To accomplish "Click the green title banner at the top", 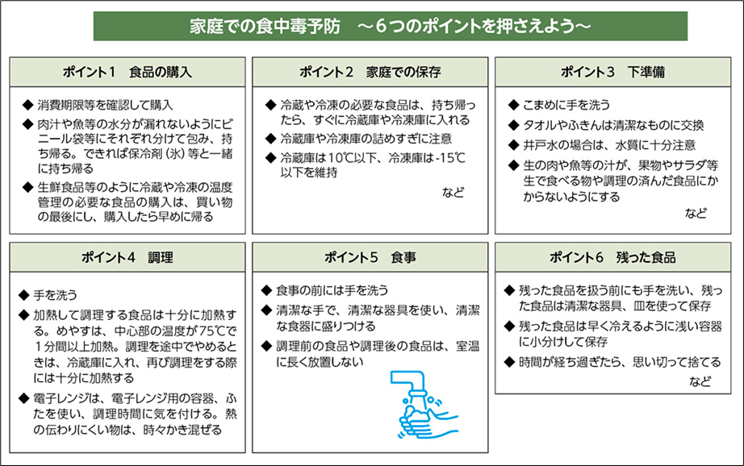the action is (x=390, y=26).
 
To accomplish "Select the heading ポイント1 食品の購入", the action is (x=127, y=72).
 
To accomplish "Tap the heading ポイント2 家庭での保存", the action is (x=370, y=72).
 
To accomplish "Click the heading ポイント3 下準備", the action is (x=612, y=72).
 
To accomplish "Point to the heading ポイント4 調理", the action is (x=127, y=257).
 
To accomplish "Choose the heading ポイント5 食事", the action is (x=370, y=257).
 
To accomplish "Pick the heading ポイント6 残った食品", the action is (x=612, y=257).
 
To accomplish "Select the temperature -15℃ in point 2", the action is (x=450, y=158).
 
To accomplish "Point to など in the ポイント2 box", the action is (x=454, y=193).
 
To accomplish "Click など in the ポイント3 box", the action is (x=696, y=214).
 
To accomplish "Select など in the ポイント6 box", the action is (x=700, y=381).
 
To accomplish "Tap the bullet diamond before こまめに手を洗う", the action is (x=513, y=106).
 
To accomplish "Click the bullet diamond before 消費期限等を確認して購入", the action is (x=27, y=106).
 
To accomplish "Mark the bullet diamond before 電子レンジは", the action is (x=23, y=398).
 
